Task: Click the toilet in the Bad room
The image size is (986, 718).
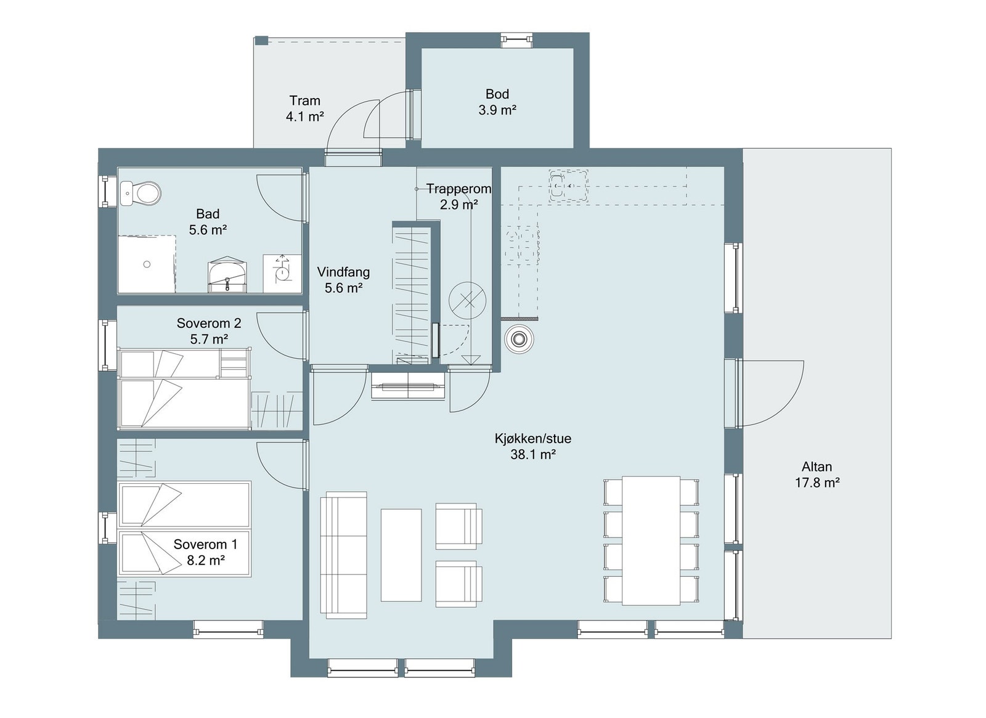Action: (x=143, y=193)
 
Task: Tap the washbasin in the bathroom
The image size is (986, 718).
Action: (x=227, y=275)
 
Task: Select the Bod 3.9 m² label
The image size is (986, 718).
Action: (x=497, y=102)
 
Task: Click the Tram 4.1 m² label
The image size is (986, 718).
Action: (x=304, y=108)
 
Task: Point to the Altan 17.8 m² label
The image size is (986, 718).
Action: (x=817, y=475)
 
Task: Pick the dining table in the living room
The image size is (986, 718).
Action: (x=651, y=541)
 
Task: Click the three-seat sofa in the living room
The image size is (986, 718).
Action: (x=343, y=555)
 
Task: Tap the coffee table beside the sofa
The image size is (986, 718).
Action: (x=401, y=555)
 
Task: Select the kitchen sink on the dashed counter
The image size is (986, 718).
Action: (x=558, y=186)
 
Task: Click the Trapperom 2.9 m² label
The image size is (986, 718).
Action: (x=458, y=197)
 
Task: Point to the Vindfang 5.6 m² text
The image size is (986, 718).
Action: (x=343, y=280)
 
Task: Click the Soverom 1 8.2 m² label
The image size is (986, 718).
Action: (x=205, y=552)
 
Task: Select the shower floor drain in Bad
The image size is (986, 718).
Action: (x=147, y=264)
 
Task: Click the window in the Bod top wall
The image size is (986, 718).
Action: (x=516, y=40)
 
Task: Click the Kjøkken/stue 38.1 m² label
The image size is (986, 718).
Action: (x=532, y=447)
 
